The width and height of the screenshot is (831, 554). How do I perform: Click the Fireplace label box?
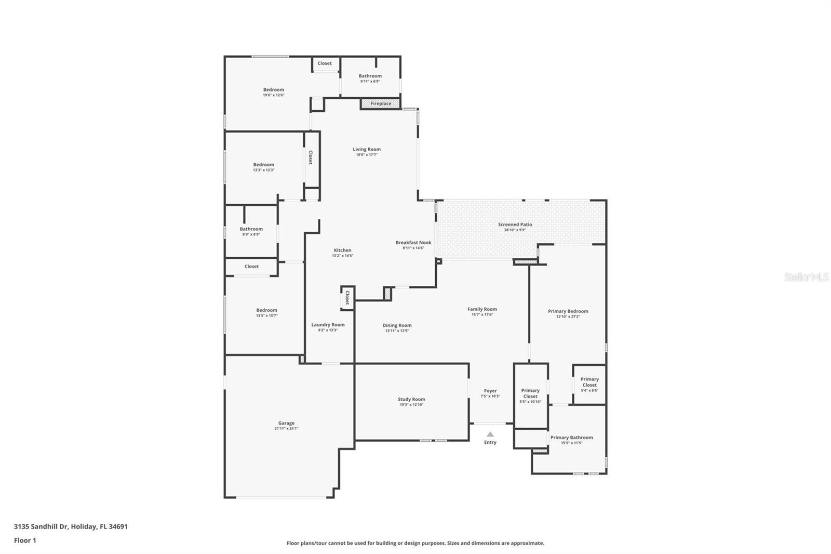pyautogui.click(x=381, y=104)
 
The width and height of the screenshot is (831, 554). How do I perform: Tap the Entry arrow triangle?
pyautogui.click(x=490, y=434)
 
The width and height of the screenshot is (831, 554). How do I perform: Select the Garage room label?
pyautogui.click(x=286, y=424)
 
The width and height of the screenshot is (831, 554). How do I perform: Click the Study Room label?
pyautogui.click(x=411, y=400)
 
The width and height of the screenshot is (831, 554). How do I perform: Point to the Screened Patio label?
pyautogui.click(x=515, y=225)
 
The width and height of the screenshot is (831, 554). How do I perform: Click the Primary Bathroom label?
pyautogui.click(x=571, y=438)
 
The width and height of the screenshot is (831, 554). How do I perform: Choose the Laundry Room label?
pyautogui.click(x=328, y=325)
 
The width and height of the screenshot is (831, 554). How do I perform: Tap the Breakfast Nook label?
pyautogui.click(x=413, y=243)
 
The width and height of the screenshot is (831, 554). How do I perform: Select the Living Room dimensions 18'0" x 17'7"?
pyautogui.click(x=367, y=155)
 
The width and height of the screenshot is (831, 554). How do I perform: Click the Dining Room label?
pyautogui.click(x=397, y=325)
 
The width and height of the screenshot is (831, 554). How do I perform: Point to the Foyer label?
pyautogui.click(x=490, y=391)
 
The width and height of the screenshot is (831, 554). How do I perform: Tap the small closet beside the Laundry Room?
pyautogui.click(x=347, y=298)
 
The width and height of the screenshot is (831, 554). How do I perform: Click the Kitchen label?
pyautogui.click(x=342, y=250)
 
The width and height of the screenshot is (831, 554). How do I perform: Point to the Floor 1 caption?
pyautogui.click(x=25, y=540)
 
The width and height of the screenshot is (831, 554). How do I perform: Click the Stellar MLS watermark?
pyautogui.click(x=807, y=278)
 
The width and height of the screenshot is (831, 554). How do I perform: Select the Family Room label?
pyautogui.click(x=482, y=309)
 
